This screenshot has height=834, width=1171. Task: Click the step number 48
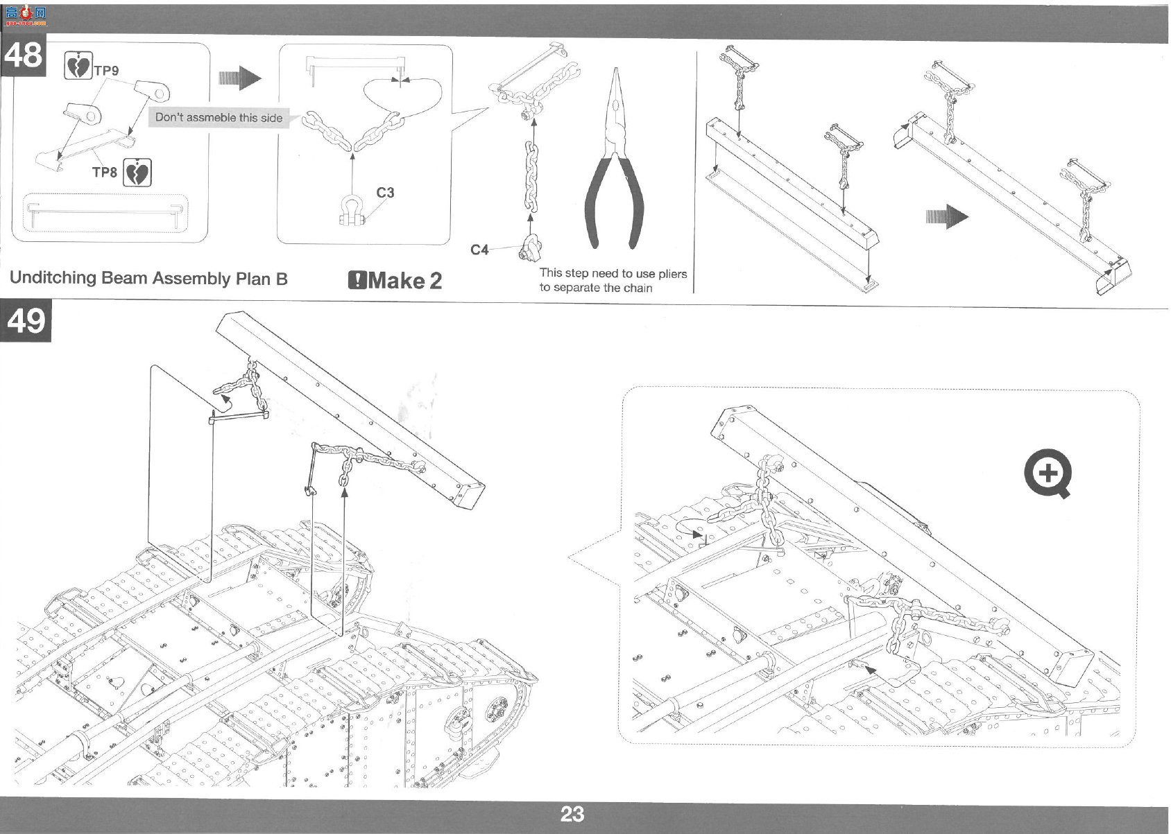click(24, 55)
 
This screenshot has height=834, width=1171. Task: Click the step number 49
click(26, 320)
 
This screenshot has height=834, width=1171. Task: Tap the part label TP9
click(106, 70)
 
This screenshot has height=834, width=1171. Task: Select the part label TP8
click(105, 172)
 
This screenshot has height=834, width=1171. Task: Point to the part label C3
click(385, 192)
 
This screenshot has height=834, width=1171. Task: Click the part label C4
click(479, 250)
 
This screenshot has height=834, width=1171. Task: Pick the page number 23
click(572, 814)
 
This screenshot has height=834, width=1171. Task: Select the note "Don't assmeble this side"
click(219, 118)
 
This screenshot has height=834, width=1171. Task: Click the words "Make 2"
click(404, 281)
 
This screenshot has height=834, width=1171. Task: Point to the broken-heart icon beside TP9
click(78, 65)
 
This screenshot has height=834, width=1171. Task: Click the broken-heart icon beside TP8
click(137, 173)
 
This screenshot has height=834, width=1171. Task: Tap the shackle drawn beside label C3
click(351, 209)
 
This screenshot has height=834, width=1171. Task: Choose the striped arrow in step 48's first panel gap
click(240, 78)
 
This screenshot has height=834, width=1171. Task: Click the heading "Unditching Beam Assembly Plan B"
click(148, 278)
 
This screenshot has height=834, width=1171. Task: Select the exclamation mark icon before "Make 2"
click(357, 281)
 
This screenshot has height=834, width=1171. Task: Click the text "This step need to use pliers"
click(613, 273)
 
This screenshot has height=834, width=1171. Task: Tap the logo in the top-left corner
click(26, 16)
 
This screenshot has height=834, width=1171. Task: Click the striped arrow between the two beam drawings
click(947, 216)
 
